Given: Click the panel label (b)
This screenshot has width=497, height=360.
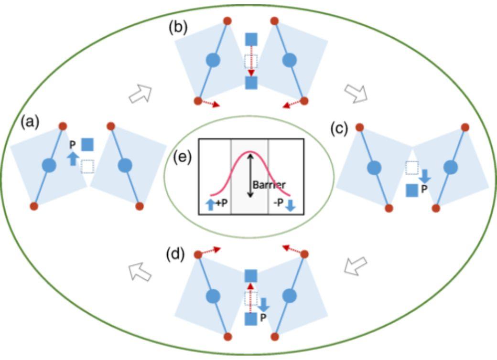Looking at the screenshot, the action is coord(178,28).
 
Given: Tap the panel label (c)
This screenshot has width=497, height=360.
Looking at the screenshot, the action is coord(339,129).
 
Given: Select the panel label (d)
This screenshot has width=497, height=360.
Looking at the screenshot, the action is coord(175,254).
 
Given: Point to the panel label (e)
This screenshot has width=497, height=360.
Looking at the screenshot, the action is coord(183,158).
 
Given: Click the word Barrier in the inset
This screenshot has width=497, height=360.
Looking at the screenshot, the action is coord(269,185).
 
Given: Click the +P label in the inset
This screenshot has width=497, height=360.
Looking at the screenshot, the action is coord(222,203).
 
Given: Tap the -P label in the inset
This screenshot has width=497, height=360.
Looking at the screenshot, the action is coord(278,202).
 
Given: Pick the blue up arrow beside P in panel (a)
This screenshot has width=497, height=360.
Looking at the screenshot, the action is coord(73,158).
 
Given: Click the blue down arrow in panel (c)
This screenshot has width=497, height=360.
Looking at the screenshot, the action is coord(425,176).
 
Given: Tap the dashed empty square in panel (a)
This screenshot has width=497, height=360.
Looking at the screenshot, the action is coord(87,167).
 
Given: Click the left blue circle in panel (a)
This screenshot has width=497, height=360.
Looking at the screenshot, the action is coord(49,165).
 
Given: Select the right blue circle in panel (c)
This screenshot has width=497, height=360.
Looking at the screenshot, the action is coord(451,168).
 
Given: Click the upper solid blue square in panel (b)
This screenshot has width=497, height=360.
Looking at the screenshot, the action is coord(252,39).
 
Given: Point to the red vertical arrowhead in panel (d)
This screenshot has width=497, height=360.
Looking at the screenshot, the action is coord(251,286).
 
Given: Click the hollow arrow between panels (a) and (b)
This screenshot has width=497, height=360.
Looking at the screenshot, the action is coord(140,94).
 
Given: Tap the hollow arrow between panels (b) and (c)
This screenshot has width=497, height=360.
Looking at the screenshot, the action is coord(356,93).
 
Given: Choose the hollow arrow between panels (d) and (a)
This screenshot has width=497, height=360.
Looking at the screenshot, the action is coord(140,272).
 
